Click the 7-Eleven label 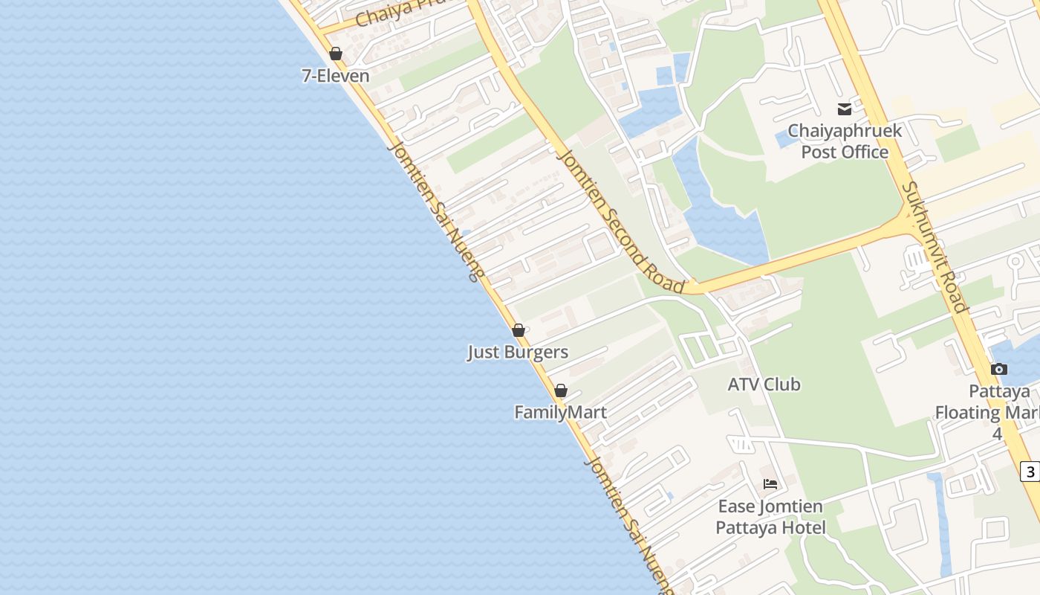[x=335, y=76]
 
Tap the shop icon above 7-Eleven [x=336, y=54]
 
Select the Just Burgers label [x=518, y=353]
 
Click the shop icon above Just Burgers [x=519, y=330]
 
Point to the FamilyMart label [x=560, y=412]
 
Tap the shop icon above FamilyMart [x=561, y=390]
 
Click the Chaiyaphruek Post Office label [x=845, y=141]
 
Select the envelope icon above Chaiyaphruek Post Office [x=845, y=109]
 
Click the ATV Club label [x=764, y=385]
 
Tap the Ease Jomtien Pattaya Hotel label [x=770, y=517]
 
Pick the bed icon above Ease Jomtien [x=770, y=484]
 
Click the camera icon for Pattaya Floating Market [x=999, y=369]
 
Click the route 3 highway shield [x=1030, y=472]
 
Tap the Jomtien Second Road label [x=620, y=220]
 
